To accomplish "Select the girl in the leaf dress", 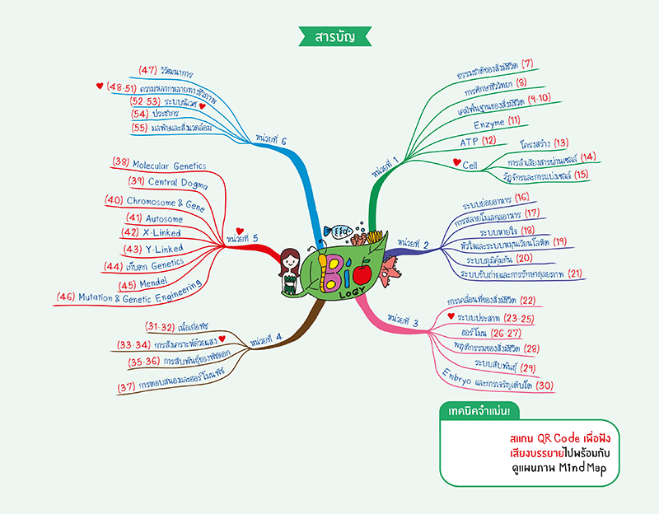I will (x=289, y=269).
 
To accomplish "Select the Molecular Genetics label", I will (x=170, y=165).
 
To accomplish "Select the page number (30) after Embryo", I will (x=544, y=385).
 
